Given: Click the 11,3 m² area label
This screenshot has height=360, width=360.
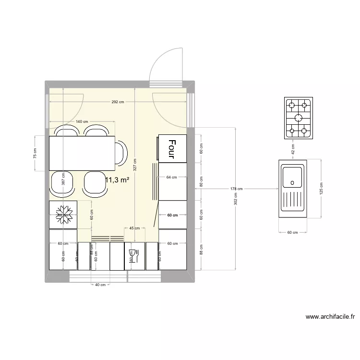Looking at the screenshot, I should pyautogui.click(x=118, y=180).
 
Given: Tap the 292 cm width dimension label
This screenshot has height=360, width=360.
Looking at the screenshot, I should pyautogui.click(x=118, y=102).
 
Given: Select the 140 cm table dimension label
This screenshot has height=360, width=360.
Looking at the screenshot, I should pyautogui.click(x=83, y=122).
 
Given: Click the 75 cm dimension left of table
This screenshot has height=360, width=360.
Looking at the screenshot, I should pyautogui.click(x=35, y=153).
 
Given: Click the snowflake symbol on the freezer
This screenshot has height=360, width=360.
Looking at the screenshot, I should pyautogui.click(x=63, y=214).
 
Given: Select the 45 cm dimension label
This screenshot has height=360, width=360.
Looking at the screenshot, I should pyautogui.click(x=134, y=228).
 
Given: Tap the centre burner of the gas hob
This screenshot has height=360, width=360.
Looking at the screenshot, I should pyautogui.click(x=298, y=118).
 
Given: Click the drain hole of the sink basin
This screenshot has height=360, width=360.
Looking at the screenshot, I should pyautogui.click(x=291, y=182).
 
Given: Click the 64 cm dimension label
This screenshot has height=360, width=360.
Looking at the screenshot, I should pyautogui.click(x=172, y=177).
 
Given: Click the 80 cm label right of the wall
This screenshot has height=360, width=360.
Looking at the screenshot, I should pyautogui.click(x=202, y=181).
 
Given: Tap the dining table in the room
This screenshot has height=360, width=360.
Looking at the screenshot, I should pyautogui.click(x=82, y=153).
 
